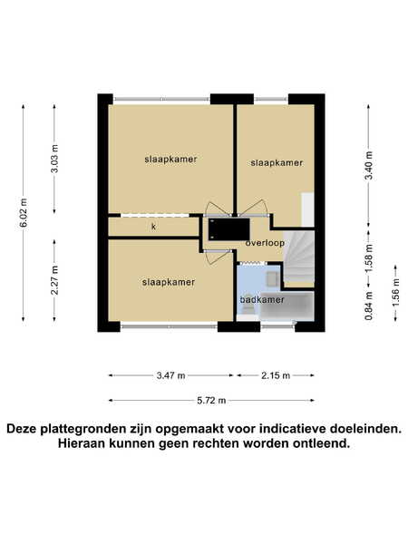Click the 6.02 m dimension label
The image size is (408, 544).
tap(24, 213)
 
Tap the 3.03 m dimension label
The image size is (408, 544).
tap(54, 158)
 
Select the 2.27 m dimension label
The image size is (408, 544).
tap(54, 280)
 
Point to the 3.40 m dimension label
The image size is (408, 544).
tap(370, 166)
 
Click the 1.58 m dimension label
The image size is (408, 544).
tap(370, 258)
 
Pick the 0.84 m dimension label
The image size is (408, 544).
tap(370, 306)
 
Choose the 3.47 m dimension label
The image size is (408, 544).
tap(170, 375)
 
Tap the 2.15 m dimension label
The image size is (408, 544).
tap(276, 375)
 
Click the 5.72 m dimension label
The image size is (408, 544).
tap(211, 401)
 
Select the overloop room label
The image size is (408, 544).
tap(265, 243)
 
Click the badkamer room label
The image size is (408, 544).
tap(262, 299)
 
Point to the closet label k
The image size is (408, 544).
tap(154, 227)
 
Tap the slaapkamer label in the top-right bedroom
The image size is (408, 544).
tap(277, 162)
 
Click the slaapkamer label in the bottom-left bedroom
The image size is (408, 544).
tap(169, 282)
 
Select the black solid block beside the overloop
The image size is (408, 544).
tap(228, 229)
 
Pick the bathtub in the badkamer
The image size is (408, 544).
tap(287, 306)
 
